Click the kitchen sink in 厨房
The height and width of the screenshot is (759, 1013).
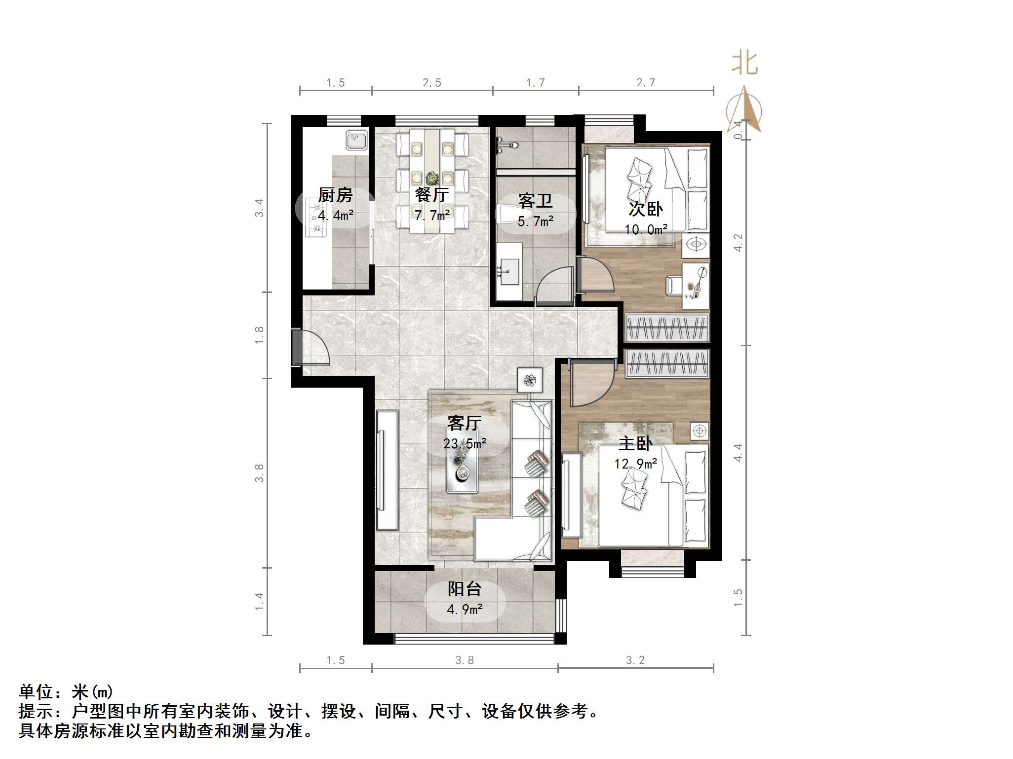click(356, 140)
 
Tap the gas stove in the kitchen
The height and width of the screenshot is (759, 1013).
click(316, 217)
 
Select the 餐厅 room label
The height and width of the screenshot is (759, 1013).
click(431, 195)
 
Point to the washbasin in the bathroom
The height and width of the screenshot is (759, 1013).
click(508, 271)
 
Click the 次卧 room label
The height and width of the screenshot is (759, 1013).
click(645, 209)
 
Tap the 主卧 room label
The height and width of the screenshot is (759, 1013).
click(635, 443)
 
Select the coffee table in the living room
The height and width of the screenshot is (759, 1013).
click(462, 471)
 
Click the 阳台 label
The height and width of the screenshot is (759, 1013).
click(464, 589)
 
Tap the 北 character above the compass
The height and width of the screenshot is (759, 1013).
click(744, 65)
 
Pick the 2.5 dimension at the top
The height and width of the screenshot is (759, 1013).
click(432, 83)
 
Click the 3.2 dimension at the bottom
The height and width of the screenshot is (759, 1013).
click(635, 660)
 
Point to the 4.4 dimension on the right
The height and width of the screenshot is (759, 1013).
click(738, 452)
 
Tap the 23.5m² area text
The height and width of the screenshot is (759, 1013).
click(465, 444)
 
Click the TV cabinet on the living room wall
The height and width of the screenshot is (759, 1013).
click(387, 470)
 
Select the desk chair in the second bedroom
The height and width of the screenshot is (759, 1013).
click(673, 285)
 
